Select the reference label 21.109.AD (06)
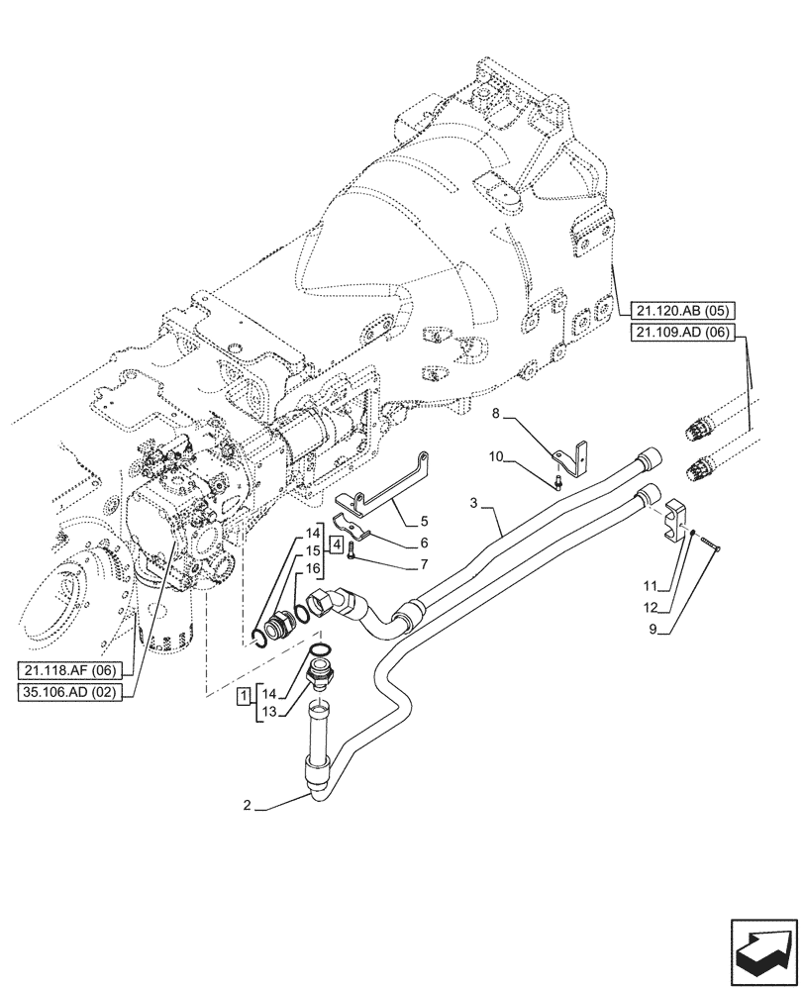680,334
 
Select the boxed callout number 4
338,544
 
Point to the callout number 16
312,568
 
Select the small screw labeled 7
352,557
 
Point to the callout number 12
651,605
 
